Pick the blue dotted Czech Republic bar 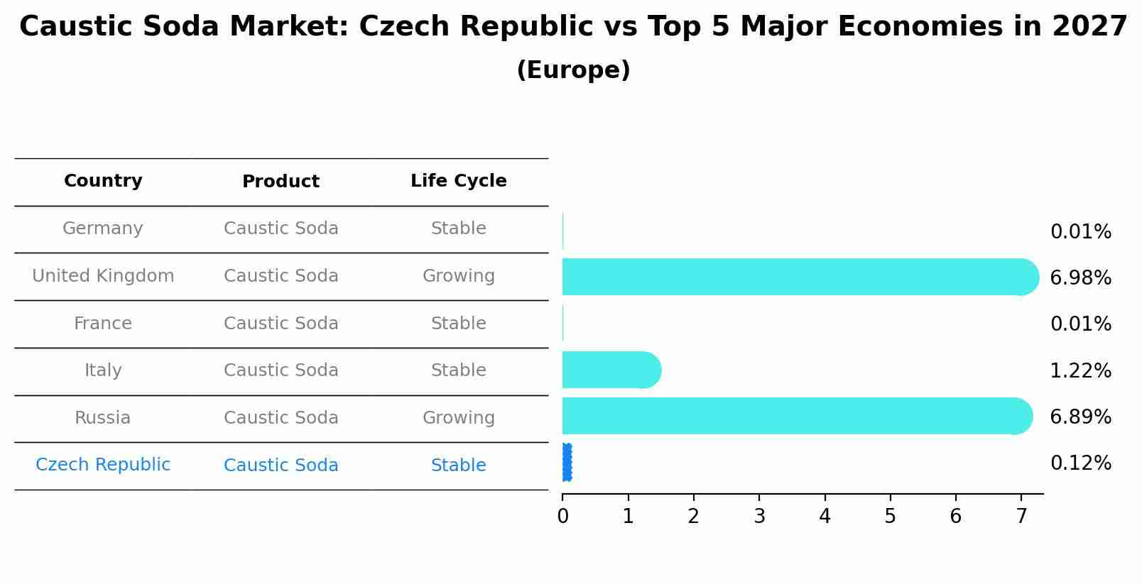[x=567, y=463]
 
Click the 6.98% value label [x=1080, y=278]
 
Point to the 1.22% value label [x=1080, y=370]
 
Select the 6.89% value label [x=1080, y=417]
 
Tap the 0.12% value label [x=1080, y=463]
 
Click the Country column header [x=103, y=181]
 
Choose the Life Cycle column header [x=458, y=181]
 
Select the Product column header [x=281, y=182]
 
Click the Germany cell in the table [x=103, y=228]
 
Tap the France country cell [x=103, y=324]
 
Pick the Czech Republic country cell [x=103, y=465]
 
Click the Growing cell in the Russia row [x=458, y=418]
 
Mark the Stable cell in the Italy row [x=458, y=370]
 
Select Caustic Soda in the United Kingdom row [x=281, y=276]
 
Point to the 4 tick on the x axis [x=825, y=517]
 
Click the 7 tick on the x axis [x=1021, y=517]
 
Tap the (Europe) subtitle [x=573, y=70]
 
